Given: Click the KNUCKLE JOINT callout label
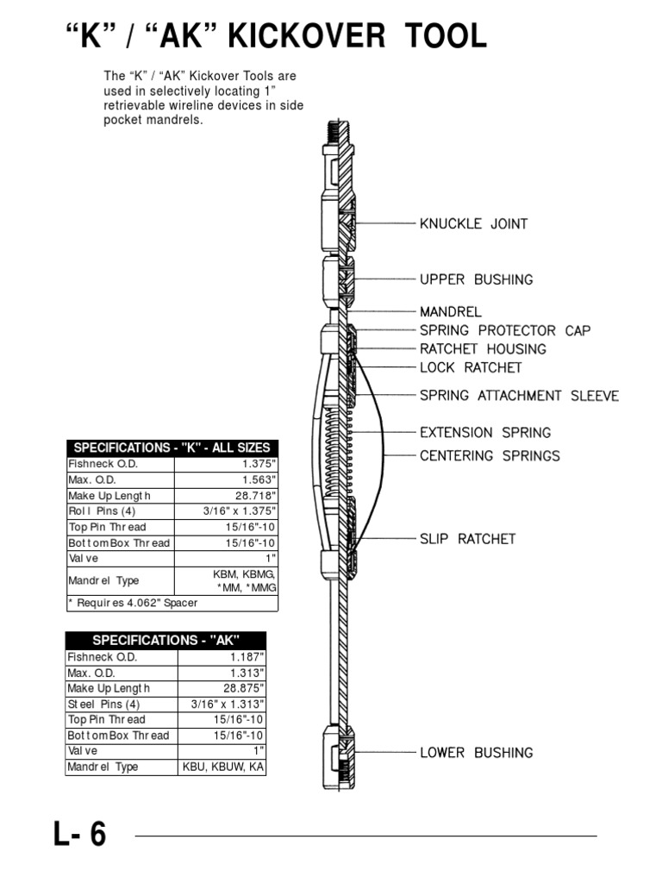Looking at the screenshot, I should click(x=473, y=224).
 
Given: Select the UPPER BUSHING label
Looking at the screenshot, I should click(x=476, y=279).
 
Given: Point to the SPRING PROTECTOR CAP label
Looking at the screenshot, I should click(x=505, y=330).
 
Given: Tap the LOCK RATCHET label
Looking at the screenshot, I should click(x=471, y=367).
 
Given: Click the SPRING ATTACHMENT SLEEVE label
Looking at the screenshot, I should click(x=519, y=396).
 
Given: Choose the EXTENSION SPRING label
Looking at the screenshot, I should click(x=485, y=433).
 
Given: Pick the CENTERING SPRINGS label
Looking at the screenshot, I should click(x=490, y=455).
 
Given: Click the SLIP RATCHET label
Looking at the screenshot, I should click(x=467, y=539).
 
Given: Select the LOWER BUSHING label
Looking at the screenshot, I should click(x=476, y=753).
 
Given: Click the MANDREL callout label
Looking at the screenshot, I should click(x=451, y=311).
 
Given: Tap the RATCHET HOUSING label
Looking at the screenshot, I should click(x=483, y=349).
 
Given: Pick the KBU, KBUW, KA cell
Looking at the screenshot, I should click(x=223, y=767).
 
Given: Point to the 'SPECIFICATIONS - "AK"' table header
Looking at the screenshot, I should click(x=165, y=640).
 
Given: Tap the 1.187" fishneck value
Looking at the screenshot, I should click(x=246, y=657).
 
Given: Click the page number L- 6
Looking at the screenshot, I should click(x=80, y=835).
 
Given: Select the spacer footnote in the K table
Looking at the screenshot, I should click(x=133, y=603).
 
